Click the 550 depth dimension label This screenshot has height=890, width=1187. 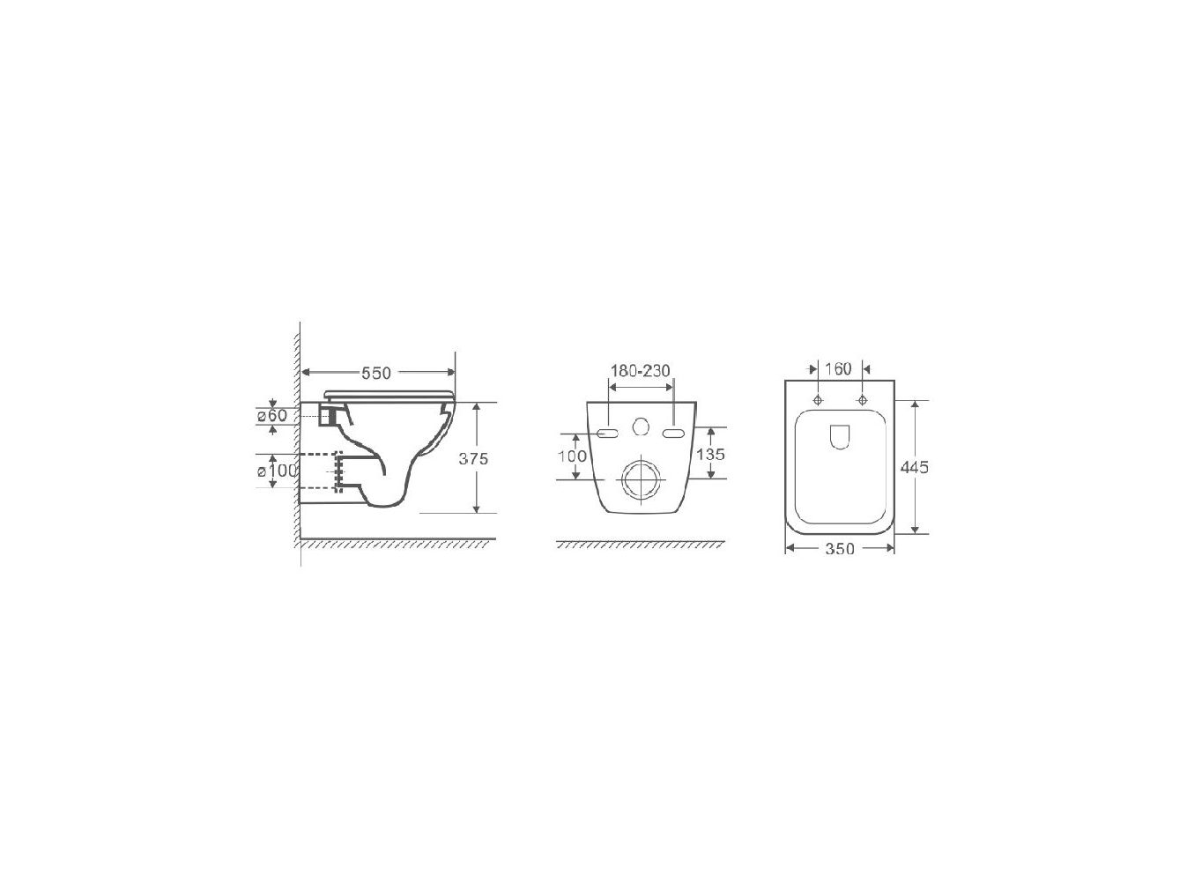coord(375,373)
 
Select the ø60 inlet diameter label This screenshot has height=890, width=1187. coord(272,415)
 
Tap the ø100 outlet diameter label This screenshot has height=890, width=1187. coord(277,471)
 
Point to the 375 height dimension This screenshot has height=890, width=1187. coord(473,458)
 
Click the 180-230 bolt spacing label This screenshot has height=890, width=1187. coord(641,370)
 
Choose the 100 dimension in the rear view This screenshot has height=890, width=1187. coord(572,456)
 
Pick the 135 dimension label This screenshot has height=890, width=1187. coord(710,454)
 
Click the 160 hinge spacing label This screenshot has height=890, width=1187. coord(839,368)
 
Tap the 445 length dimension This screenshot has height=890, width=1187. coord(915,467)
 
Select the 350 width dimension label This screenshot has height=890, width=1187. coord(840,549)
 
